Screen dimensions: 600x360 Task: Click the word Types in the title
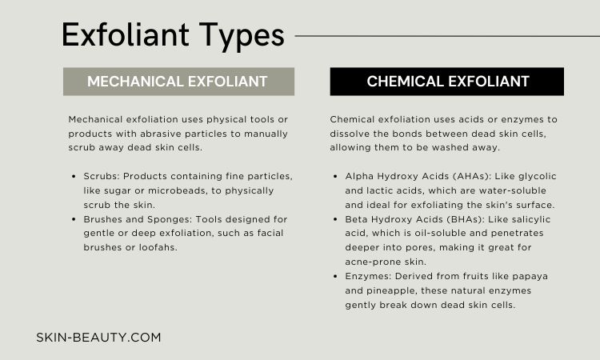(242, 36)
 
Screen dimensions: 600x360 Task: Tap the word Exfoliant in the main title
(125, 34)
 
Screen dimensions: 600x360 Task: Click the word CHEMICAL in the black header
(405, 82)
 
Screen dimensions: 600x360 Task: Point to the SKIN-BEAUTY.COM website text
(98, 338)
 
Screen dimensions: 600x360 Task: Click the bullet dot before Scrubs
(74, 176)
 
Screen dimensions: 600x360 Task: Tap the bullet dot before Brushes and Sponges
(74, 219)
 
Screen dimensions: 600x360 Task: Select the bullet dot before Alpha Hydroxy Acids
(335, 176)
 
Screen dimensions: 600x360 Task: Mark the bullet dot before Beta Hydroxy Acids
(335, 219)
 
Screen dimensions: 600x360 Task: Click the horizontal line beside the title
(447, 36)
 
